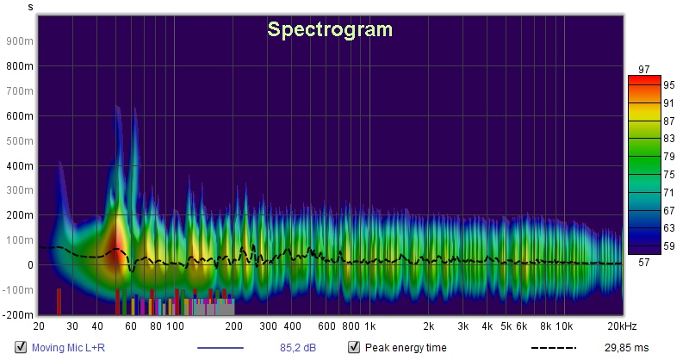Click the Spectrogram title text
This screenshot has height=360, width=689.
[330, 29]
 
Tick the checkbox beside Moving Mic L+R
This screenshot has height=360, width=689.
[21, 348]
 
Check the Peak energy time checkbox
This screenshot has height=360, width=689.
[353, 348]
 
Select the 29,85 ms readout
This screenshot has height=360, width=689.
[628, 348]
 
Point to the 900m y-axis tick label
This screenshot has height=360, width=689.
[19, 40]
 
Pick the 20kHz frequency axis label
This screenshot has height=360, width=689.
[621, 327]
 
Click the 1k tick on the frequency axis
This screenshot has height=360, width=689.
[369, 327]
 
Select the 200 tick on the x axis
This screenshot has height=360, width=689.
[233, 327]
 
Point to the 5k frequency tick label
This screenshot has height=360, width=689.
[506, 327]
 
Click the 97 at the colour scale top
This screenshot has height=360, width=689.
[643, 69]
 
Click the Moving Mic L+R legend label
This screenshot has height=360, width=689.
[65, 348]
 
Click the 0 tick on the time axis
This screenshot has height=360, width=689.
[28, 265]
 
